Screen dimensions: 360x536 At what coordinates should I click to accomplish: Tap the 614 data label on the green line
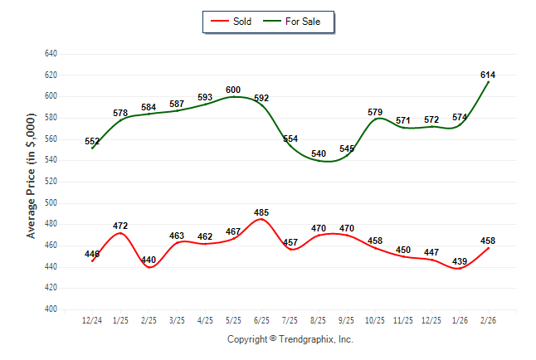point(488,75)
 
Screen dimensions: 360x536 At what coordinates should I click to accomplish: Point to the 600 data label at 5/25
point(233,90)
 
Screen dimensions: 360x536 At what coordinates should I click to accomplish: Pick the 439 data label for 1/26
point(460,261)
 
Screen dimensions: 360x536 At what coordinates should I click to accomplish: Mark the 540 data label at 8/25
point(319,153)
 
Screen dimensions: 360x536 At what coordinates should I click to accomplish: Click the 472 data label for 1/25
point(120,226)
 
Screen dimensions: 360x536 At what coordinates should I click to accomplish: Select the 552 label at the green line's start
point(92,142)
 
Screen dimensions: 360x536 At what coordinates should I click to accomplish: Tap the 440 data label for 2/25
point(149,260)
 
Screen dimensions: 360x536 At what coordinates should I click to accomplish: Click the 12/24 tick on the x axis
point(92,320)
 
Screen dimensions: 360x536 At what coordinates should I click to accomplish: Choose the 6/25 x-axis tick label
point(261,320)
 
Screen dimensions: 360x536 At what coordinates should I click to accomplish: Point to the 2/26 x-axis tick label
point(488,320)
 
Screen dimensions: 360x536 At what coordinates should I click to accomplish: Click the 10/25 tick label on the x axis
point(375,320)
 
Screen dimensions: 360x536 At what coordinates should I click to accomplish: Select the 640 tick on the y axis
point(50,54)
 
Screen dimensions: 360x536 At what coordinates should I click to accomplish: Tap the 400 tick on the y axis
point(50,309)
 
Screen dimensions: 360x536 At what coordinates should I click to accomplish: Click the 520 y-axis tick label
point(50,182)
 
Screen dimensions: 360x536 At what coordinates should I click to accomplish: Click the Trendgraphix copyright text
point(290,339)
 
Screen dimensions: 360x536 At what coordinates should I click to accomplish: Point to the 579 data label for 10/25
point(375,112)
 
